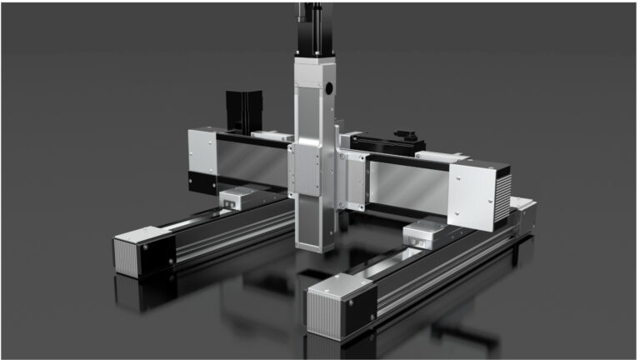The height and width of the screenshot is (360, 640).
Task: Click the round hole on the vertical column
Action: point(328,87)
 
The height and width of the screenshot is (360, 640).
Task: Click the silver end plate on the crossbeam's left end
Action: point(201,154)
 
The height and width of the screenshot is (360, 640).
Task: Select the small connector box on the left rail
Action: point(238,197)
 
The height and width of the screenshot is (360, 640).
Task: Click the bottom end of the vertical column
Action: point(315,244)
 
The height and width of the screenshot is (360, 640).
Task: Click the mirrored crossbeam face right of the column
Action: point(408,185)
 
